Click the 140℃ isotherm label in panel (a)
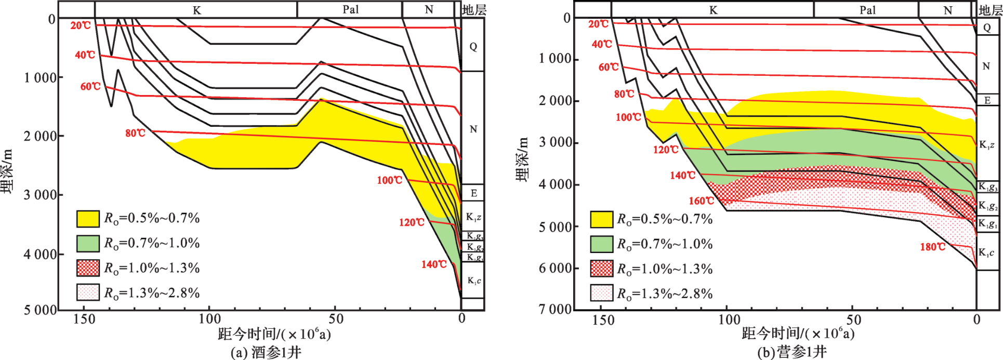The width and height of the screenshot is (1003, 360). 434,264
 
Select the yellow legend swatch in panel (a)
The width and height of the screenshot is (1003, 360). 88,219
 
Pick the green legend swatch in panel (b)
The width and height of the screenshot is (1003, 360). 602,244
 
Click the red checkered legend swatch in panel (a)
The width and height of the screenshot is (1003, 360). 88,268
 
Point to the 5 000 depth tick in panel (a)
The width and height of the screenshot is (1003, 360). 40,310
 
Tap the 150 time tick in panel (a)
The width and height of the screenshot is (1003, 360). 84,319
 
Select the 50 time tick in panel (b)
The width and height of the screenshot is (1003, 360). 853,320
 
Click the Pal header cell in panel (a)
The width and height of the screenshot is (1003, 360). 350,10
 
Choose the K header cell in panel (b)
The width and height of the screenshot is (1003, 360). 713,10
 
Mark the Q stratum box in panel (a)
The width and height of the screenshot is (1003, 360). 473,47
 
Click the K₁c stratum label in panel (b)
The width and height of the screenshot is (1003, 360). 986,253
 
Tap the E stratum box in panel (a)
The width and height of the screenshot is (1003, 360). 473,193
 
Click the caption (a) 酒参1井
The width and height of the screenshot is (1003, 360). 266,353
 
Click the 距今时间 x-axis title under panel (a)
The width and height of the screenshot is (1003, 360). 274,334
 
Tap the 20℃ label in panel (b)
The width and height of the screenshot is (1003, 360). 598,24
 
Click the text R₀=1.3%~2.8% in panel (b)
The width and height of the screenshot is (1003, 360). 665,294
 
